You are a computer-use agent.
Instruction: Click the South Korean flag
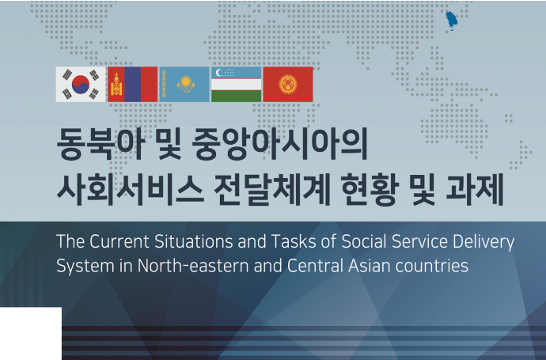81,84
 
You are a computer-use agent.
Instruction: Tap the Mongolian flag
133,84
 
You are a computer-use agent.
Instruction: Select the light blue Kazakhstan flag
184,84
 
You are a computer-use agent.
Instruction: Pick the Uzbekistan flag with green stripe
236,84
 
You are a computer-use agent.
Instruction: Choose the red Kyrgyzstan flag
288,84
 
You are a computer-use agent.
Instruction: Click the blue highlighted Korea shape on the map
452,21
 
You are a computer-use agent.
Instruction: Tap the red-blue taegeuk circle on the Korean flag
81,84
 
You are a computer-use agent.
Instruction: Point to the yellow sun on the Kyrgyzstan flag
288,84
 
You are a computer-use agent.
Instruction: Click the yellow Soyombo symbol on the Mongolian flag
116,84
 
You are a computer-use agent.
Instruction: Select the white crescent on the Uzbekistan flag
218,73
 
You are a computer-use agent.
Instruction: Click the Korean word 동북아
100,143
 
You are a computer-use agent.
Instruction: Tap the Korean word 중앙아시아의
279,143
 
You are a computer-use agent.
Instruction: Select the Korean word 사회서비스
130,190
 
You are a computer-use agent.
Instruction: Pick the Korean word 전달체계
272,190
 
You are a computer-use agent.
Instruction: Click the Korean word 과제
475,190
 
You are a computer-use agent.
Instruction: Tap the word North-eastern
194,266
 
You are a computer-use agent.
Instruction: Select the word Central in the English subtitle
316,266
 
